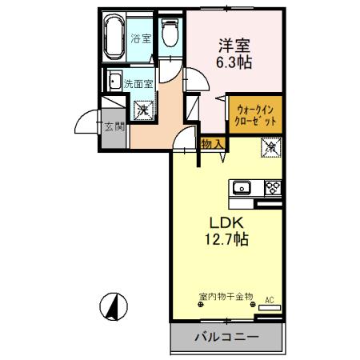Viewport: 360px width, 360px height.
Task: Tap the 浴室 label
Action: (x=141, y=38)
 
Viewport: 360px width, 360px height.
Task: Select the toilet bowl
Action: (x=169, y=34)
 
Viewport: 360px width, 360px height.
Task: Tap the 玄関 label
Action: (x=112, y=126)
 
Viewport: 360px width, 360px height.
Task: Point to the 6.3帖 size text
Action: (x=232, y=62)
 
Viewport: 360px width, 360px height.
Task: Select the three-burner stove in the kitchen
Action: (x=271, y=189)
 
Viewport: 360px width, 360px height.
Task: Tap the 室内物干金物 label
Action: (x=226, y=297)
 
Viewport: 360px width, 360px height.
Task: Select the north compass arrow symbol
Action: (x=114, y=305)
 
